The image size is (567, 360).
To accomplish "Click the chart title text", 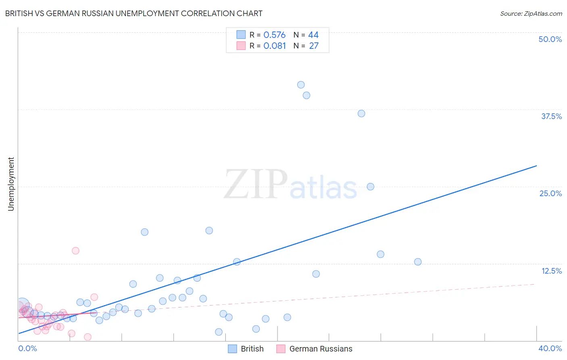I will pos(133,13).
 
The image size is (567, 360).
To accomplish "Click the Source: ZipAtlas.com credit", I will pos(531,13).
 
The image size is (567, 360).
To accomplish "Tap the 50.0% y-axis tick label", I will pos(550,39).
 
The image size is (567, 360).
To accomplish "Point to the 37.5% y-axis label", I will pos(551,116).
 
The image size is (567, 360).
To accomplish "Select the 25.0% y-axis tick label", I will pos(550,193).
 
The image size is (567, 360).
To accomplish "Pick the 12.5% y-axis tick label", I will pos(551,271).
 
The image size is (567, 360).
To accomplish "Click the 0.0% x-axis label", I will pos(27,348).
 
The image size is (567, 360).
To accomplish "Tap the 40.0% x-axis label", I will pos(550,348).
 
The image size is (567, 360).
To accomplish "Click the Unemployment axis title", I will pos(11,184).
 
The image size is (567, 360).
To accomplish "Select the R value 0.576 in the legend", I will pos(274,35).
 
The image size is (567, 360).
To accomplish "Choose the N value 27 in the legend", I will pos(314,46).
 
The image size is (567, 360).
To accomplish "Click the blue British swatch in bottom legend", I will pos(232,349).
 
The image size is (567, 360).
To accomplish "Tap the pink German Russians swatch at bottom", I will pos(281,349).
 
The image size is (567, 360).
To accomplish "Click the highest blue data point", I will pos(301,85).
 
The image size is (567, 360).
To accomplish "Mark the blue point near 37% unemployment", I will pos(361,113).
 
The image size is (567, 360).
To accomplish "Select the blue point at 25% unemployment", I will pos(371,186).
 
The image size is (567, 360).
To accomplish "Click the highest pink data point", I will pos(75,251).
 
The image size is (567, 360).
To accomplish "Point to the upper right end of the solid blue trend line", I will pos(536,166).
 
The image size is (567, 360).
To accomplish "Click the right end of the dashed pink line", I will pos(535,284).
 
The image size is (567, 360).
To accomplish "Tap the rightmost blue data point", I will pos(418,262).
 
